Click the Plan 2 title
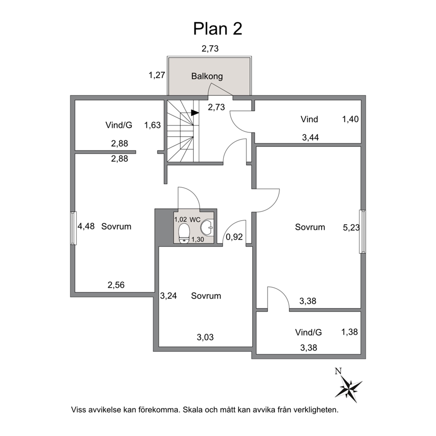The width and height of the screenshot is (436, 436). point(218,29)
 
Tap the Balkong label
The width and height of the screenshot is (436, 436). point(207,76)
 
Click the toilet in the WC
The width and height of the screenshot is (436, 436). point(184,233)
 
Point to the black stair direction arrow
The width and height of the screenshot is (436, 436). point(195,113)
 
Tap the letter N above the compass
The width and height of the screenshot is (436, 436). point(338,371)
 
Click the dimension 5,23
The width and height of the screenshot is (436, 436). point(351,228)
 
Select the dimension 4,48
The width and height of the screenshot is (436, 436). point(86,226)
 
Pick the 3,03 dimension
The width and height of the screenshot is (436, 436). point(205,337)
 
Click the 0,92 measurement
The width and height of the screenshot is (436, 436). point(234,237)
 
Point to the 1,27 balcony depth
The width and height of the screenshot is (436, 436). point(157,75)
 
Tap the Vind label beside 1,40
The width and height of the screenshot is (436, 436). point(309,119)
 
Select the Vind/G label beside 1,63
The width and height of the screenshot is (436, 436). point(119,125)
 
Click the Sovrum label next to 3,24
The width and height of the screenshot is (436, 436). point(206,296)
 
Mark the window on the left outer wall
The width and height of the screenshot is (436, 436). point(73,228)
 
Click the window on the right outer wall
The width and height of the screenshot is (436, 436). point(363,232)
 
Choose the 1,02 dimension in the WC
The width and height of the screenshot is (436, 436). point(181,219)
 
